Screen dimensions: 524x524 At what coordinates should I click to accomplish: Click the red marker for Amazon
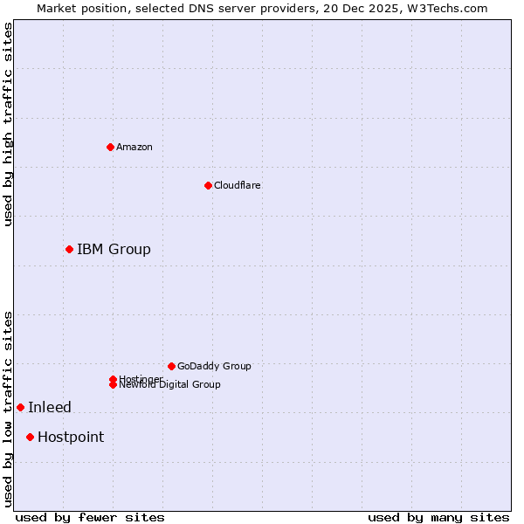click(110, 147)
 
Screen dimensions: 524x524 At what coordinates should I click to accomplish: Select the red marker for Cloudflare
click(208, 185)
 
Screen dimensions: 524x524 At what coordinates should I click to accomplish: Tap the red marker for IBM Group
click(69, 250)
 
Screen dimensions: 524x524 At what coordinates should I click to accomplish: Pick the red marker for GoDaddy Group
click(171, 366)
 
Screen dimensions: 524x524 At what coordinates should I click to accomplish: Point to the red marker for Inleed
click(20, 407)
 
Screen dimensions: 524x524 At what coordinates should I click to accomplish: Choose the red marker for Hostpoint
click(30, 437)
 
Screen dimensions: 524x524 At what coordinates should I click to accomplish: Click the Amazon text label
click(134, 147)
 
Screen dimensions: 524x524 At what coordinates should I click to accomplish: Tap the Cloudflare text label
click(238, 185)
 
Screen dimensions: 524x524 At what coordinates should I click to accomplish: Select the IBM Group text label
click(114, 250)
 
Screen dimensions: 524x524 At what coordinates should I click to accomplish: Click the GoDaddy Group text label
click(214, 366)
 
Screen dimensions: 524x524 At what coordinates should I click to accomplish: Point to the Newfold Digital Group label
click(170, 385)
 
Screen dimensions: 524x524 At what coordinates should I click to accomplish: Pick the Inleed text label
click(50, 407)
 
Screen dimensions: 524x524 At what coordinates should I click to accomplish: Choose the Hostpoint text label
click(71, 437)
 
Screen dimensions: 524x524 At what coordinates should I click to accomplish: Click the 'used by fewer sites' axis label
click(90, 518)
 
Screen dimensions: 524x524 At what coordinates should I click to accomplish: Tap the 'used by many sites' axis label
click(438, 518)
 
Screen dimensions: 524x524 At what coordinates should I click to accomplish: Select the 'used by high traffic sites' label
click(9, 124)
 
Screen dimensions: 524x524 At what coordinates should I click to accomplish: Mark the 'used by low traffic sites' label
click(9, 408)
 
